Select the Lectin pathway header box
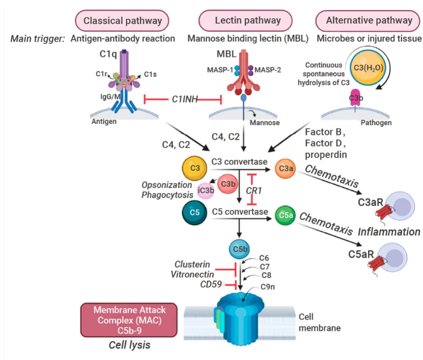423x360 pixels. click(x=248, y=21)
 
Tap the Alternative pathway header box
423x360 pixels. click(x=369, y=21)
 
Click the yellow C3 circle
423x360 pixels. click(x=195, y=168)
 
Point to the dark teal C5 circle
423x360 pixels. click(x=195, y=212)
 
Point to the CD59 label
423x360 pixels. click(x=211, y=284)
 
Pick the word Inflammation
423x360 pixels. click(x=389, y=231)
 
